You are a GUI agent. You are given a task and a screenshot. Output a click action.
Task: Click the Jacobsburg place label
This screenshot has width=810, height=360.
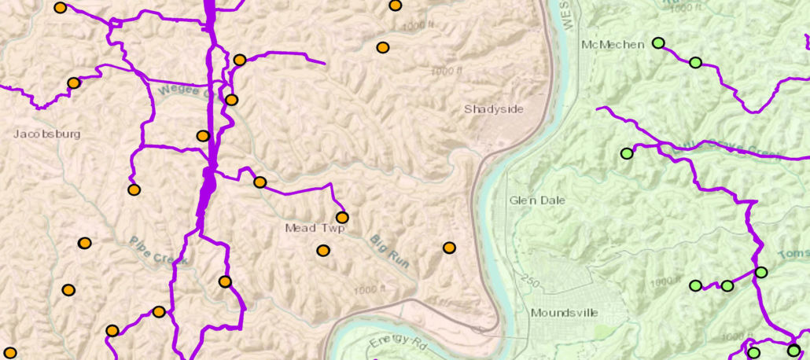pyautogui.click(x=47, y=134)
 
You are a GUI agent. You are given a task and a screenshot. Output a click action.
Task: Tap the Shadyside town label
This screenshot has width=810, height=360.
pyautogui.click(x=493, y=109)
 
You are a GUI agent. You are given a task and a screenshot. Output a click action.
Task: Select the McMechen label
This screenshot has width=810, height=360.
pyautogui.click(x=612, y=45)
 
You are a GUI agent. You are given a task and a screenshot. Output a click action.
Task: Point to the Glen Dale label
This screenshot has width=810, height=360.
pyautogui.click(x=537, y=200)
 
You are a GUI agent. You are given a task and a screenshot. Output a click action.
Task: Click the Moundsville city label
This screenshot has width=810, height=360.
pyautogui.click(x=564, y=313)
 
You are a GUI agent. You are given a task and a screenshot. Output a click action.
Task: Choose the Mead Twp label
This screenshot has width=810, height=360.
pyautogui.click(x=314, y=229)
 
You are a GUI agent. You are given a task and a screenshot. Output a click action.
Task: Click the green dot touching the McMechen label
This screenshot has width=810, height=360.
pyautogui.click(x=658, y=43)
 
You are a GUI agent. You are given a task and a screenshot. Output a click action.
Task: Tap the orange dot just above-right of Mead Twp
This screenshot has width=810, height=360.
pyautogui.click(x=342, y=218)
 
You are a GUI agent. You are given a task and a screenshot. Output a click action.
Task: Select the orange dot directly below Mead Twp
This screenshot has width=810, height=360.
pyautogui.click(x=322, y=251)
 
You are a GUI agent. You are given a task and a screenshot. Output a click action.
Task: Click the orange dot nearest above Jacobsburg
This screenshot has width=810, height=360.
pyautogui.click(x=73, y=83)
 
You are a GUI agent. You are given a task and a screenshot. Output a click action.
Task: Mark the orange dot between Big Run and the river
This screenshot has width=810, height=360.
pyautogui.click(x=449, y=248)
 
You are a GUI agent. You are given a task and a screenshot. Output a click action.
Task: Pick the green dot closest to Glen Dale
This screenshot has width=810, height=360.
pyautogui.click(x=627, y=153)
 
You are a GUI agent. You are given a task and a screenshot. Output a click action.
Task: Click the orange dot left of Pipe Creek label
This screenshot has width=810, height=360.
pyautogui.click(x=84, y=243)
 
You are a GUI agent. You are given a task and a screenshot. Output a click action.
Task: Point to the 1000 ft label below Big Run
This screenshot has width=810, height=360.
pyautogui.click(x=370, y=290)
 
